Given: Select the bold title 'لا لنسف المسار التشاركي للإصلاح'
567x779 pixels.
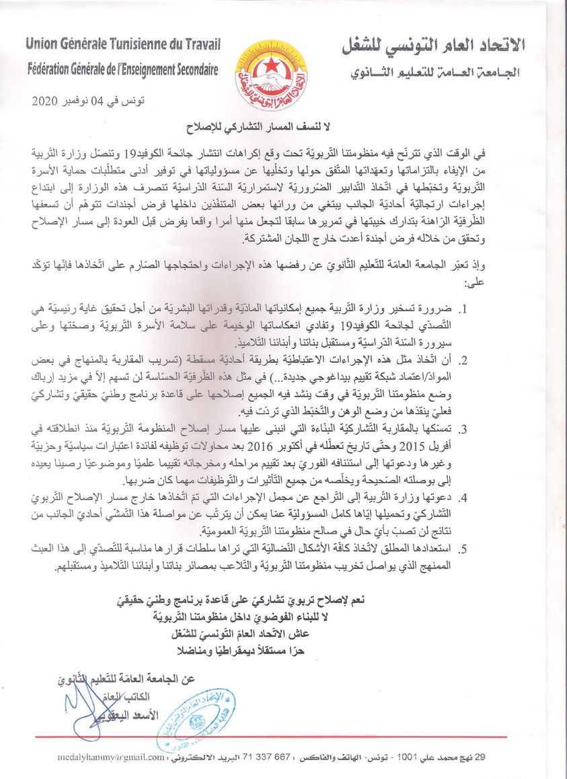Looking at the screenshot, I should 271,128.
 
